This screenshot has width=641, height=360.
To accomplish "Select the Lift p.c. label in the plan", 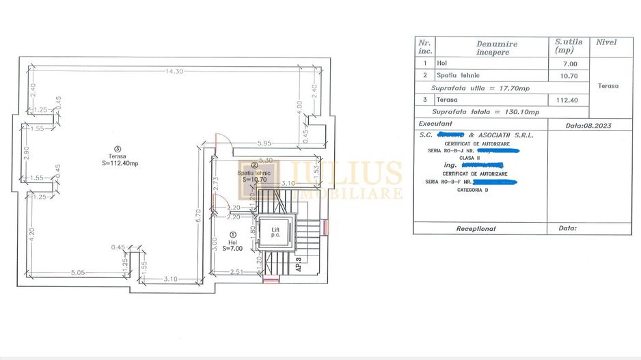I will pyautogui.click(x=275, y=232).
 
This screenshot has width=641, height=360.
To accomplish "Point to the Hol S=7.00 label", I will pyautogui.click(x=233, y=245).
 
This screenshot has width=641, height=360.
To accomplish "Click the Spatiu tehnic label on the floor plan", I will pyautogui.click(x=254, y=174).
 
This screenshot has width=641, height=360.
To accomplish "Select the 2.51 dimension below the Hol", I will pyautogui.click(x=236, y=272).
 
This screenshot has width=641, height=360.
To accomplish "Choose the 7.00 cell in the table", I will pyautogui.click(x=569, y=64).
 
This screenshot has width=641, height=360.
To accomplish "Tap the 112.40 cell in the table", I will pyautogui.click(x=569, y=100).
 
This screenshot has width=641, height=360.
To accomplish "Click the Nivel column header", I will pyautogui.click(x=605, y=42).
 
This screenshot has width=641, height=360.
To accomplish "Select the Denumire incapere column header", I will pyautogui.click(x=496, y=48).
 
